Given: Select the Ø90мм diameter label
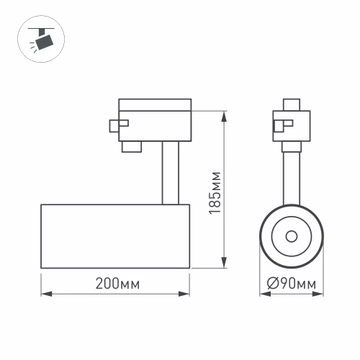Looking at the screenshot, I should tap(291, 284).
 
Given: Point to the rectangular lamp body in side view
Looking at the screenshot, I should tap(115, 237).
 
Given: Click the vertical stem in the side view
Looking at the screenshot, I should tap(170, 173).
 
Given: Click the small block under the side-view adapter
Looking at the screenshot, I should tap(130, 147).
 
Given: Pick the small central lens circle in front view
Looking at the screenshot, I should tap(291, 236).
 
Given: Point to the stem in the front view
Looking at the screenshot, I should tap(291, 176).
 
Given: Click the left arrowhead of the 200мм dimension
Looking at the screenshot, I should tap(43, 294).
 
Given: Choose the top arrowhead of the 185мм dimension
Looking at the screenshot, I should tap(226, 114).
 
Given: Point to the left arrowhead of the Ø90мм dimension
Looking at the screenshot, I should tap(262, 294).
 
